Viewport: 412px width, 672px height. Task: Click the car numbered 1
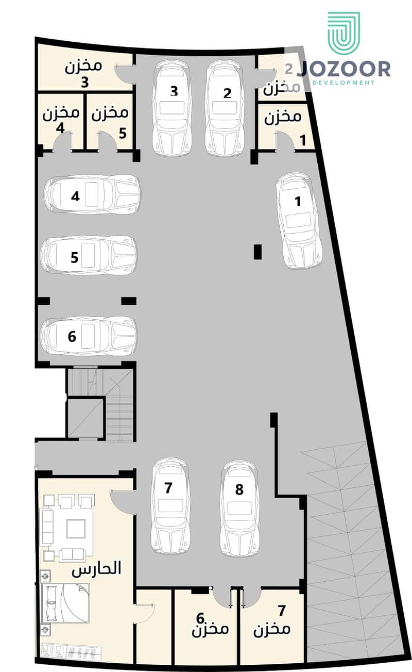(x=299, y=220)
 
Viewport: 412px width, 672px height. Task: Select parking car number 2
(x=225, y=108)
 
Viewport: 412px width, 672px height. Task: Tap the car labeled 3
(x=173, y=108)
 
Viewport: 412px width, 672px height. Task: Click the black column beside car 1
(x=258, y=252)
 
